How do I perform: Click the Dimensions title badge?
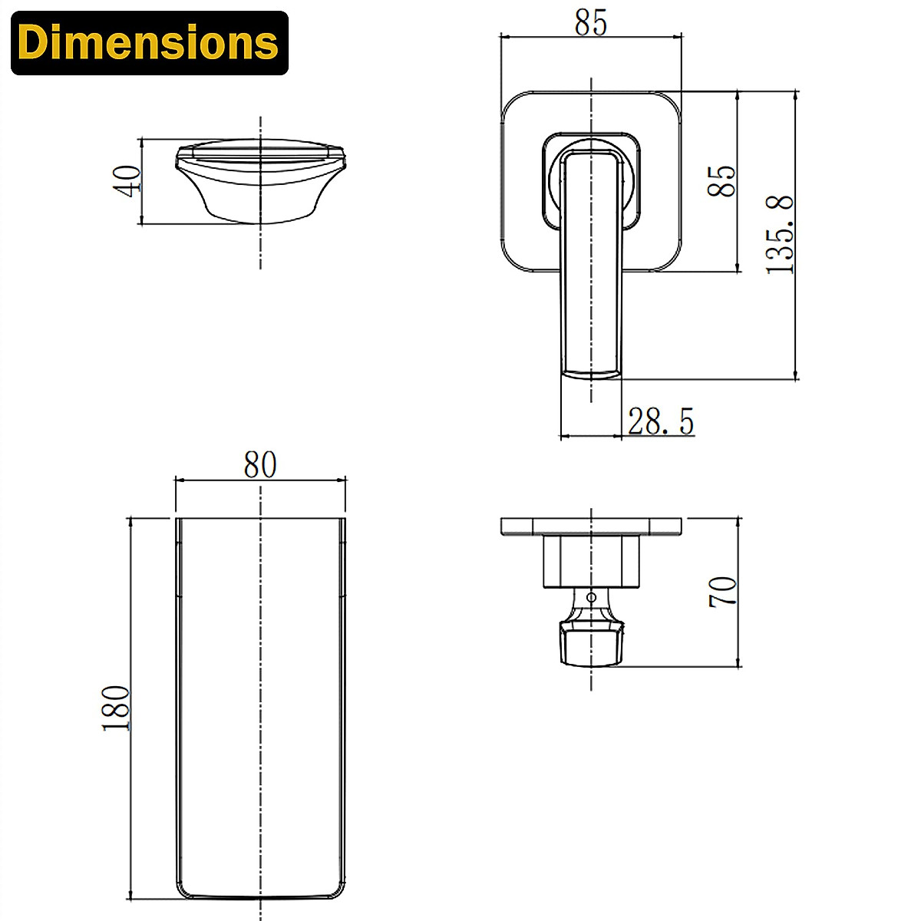150,43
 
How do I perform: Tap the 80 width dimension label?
260,465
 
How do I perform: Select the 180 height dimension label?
117,707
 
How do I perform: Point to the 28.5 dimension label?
661,421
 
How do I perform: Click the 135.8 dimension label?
781,235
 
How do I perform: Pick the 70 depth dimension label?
723,592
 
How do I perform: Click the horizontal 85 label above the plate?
591,23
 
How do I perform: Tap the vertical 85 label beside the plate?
722,181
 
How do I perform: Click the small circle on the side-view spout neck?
590,597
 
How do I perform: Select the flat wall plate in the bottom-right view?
591,527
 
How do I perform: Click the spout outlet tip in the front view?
591,374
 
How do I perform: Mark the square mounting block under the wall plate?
591,562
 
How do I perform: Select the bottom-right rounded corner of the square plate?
669,260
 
